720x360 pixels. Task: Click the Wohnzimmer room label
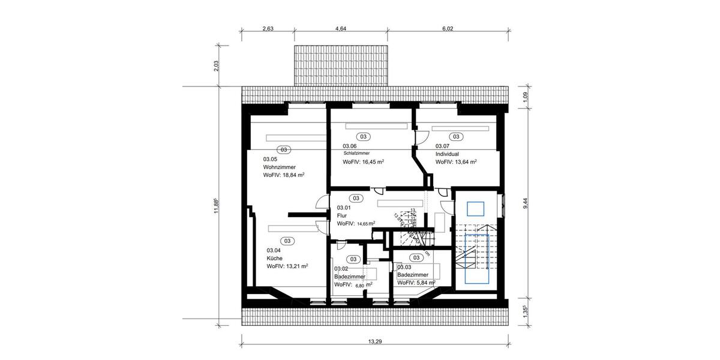[280, 167]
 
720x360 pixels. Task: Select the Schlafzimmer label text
[356, 154]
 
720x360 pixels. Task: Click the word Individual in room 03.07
[448, 154]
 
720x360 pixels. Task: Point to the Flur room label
[342, 215]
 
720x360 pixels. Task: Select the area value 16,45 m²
[364, 162]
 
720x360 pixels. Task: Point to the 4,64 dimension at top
[341, 28]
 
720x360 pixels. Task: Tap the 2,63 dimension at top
[268, 28]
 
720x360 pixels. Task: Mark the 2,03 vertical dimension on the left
[217, 66]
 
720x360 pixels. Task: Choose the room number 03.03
[404, 268]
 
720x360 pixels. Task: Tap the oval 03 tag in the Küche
[287, 241]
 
